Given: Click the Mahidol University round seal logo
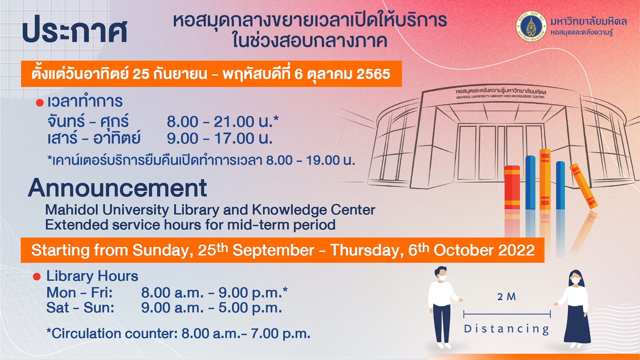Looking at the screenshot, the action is (531, 26).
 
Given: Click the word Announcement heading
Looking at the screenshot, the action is (117, 188).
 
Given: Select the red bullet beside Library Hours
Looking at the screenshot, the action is (37, 276).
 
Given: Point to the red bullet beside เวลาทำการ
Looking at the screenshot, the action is (40, 103).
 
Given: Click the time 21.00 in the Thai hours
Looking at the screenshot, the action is (234, 122).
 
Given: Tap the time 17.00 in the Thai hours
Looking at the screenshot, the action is (234, 138).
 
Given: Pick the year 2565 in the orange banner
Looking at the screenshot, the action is (373, 74).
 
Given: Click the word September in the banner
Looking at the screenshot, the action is (273, 251).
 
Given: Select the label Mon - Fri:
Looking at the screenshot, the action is (80, 293).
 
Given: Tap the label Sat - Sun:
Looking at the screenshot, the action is (80, 308).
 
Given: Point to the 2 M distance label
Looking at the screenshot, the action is (506, 297).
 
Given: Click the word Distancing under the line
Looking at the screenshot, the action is (507, 329).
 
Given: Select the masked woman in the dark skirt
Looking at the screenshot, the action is (575, 309).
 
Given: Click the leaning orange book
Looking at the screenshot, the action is (583, 186).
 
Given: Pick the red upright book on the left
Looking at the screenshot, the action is (512, 187).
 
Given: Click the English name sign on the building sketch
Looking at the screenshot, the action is (500, 97).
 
